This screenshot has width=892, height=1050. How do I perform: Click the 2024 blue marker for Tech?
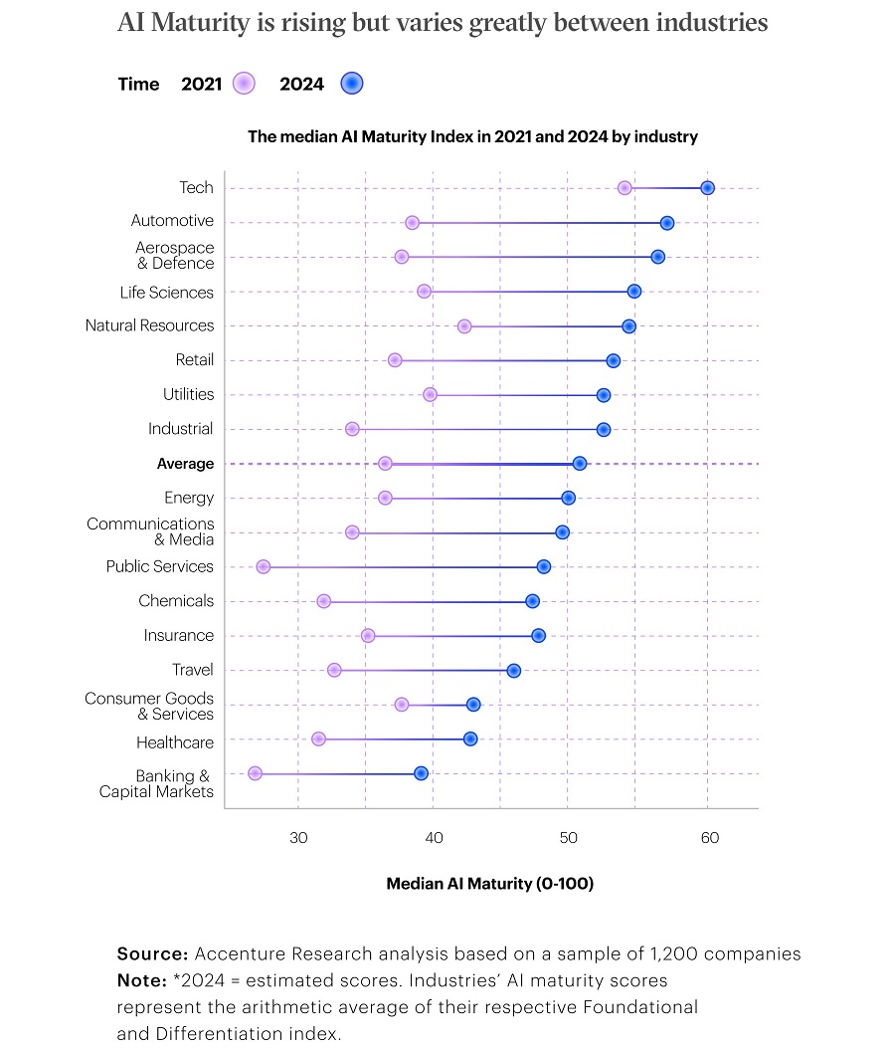[x=707, y=188]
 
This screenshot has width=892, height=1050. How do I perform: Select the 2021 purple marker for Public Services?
[x=263, y=566]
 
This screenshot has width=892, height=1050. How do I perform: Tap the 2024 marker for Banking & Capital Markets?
[x=421, y=773]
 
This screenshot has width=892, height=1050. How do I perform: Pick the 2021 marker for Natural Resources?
[x=464, y=326]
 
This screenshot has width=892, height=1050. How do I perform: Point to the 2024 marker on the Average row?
[x=580, y=464]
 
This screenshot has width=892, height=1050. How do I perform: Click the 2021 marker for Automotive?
[x=412, y=222]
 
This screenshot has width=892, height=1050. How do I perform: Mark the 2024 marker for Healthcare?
[x=470, y=738]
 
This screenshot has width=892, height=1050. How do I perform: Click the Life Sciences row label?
[x=166, y=292]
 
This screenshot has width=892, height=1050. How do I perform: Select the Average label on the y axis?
[x=185, y=464]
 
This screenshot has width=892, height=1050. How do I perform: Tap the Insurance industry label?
[x=178, y=635]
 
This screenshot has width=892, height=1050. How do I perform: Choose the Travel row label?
[x=192, y=670]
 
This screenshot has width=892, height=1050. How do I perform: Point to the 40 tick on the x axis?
[x=434, y=838]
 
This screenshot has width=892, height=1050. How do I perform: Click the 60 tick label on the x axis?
[x=709, y=838]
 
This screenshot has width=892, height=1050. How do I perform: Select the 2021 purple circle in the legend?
[x=244, y=84]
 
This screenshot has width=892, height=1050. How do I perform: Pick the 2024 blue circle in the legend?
[x=351, y=84]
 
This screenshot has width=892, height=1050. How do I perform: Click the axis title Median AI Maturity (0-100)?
[x=489, y=883]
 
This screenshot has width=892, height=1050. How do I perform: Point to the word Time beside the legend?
[x=138, y=84]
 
